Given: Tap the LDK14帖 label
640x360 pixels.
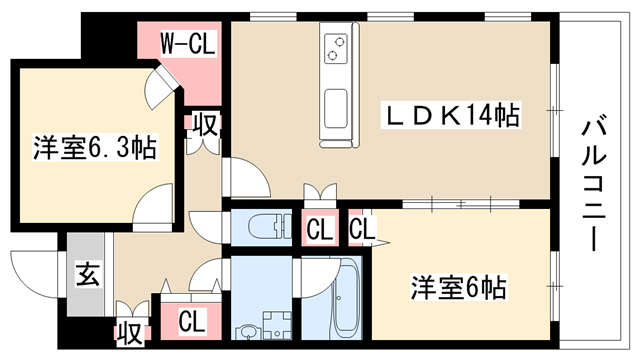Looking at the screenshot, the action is (451, 116).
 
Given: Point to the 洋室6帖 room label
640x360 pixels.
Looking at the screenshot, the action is (459, 287).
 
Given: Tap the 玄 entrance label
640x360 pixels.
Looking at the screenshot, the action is (87, 274).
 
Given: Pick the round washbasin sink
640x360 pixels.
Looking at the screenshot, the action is (247, 331).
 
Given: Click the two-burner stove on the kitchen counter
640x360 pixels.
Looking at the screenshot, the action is (336, 49).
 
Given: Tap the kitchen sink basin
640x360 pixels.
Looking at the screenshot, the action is (336, 109).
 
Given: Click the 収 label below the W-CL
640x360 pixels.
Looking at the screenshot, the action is (206, 124).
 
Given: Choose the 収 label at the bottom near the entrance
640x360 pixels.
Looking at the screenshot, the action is (131, 333).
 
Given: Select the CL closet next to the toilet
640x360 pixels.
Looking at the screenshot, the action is (320, 229).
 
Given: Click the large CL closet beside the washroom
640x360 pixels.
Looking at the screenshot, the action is (191, 321).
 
